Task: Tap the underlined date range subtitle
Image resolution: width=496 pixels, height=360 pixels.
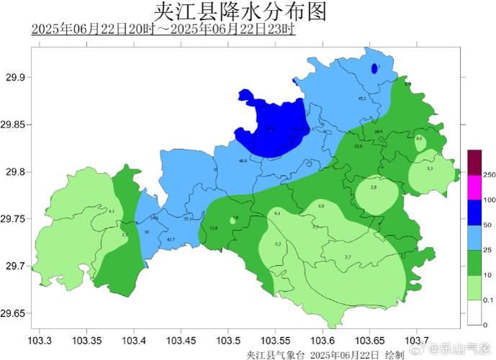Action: [x=163, y=30]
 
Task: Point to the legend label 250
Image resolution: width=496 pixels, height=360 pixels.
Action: [x=489, y=175]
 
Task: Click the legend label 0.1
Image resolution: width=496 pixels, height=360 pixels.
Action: [x=489, y=300]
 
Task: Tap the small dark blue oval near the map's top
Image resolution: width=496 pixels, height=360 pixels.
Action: [x=374, y=68]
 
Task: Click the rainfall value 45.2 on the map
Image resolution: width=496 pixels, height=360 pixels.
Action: [x=362, y=98]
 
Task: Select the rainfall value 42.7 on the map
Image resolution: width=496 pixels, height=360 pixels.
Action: [x=171, y=239]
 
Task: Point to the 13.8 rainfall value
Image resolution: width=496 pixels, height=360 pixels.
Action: [x=213, y=228]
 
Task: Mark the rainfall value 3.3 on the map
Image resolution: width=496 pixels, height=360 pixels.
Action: [x=430, y=168]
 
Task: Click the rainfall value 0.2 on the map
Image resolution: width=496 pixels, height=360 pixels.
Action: [x=278, y=244]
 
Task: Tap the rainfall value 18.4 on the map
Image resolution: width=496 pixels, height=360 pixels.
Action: [x=379, y=132]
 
